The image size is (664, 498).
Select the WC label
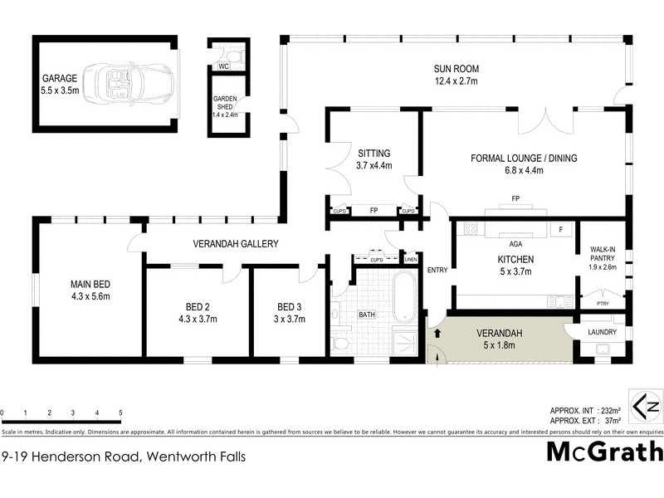(x=223, y=66)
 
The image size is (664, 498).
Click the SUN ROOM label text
(x=456, y=69)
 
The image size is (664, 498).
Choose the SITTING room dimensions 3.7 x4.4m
(x=374, y=165)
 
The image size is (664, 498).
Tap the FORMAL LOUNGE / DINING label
(x=524, y=158)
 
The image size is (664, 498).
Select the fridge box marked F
(x=562, y=228)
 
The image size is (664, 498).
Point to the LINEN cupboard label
(x=411, y=260)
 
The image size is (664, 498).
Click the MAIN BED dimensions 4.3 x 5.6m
(x=90, y=296)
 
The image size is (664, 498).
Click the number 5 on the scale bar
(x=121, y=413)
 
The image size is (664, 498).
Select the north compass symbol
(x=647, y=407)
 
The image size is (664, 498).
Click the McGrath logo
(x=605, y=452)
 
